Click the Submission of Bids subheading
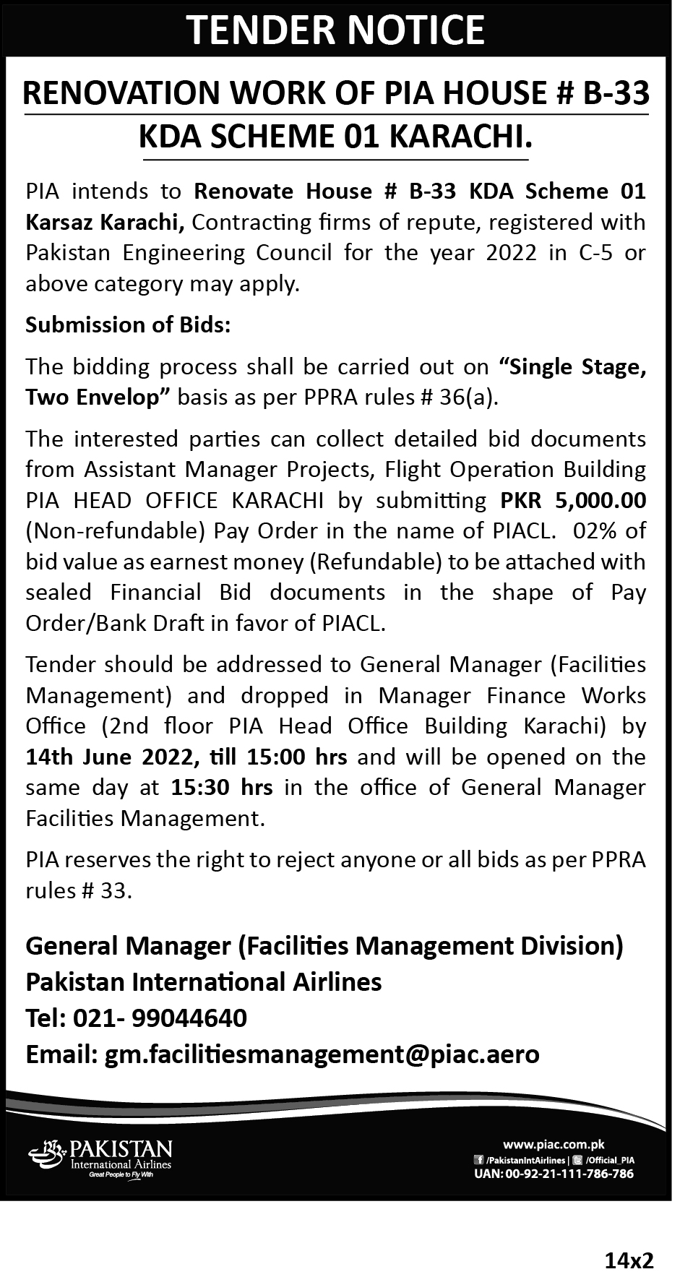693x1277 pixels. click(128, 325)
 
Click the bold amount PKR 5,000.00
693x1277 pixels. click(573, 500)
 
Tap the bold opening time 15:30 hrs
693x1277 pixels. click(222, 788)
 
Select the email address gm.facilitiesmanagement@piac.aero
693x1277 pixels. click(322, 1054)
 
